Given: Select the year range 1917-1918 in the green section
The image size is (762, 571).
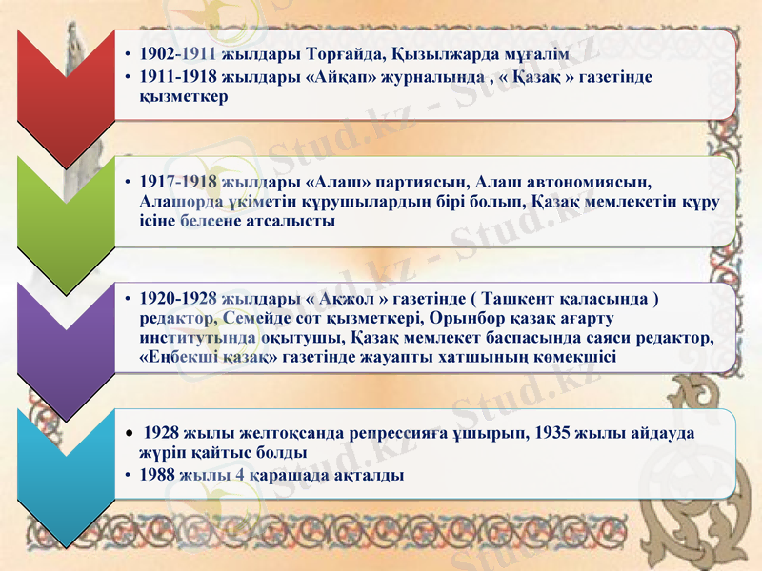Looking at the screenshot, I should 179,182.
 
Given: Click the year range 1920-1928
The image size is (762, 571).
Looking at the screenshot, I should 179,297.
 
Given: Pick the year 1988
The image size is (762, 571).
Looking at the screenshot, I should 157,473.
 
